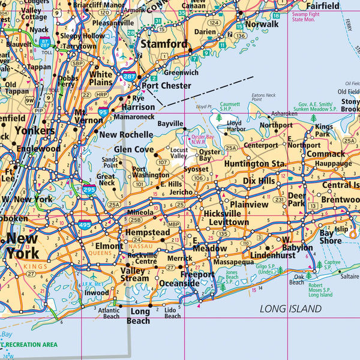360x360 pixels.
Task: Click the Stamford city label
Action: pos(164,44)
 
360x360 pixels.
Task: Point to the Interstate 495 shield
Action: pos(84,225)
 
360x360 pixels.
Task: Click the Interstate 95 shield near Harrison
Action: pos(103,112)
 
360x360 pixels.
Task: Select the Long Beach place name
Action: pos(140,316)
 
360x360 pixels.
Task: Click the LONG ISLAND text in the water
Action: pos(290,308)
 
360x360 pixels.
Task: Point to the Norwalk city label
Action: pos(262,24)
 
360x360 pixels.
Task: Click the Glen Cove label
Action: pos(134,149)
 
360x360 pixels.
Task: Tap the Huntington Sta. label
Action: pos(255,163)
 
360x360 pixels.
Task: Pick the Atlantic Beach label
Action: pos(108,313)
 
